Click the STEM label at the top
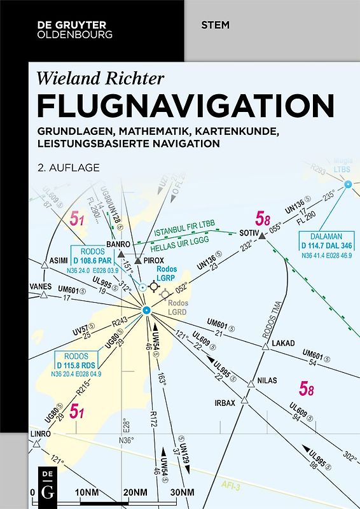[x=215, y=25]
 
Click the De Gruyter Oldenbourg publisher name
[x=70, y=29]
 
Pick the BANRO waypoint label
[x=118, y=244]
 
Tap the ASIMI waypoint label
[x=59, y=261]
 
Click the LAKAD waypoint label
[x=284, y=344]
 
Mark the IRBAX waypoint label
[x=225, y=403]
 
